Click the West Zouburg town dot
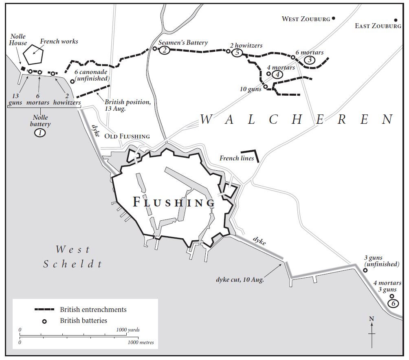tap(334, 18)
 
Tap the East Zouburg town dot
tap(395, 20)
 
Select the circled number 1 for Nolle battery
tap(40, 132)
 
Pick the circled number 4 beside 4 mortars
tap(277, 75)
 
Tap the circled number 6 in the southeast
tap(392, 304)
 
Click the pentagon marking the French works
tap(33, 54)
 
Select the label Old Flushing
tap(127, 136)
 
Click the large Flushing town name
tap(174, 202)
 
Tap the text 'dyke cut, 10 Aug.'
tap(240, 280)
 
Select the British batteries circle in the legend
tap(44, 321)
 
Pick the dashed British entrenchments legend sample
tap(44, 310)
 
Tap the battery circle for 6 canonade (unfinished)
tap(72, 81)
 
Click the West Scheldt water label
tap(73, 257)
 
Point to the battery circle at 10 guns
tap(265, 86)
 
